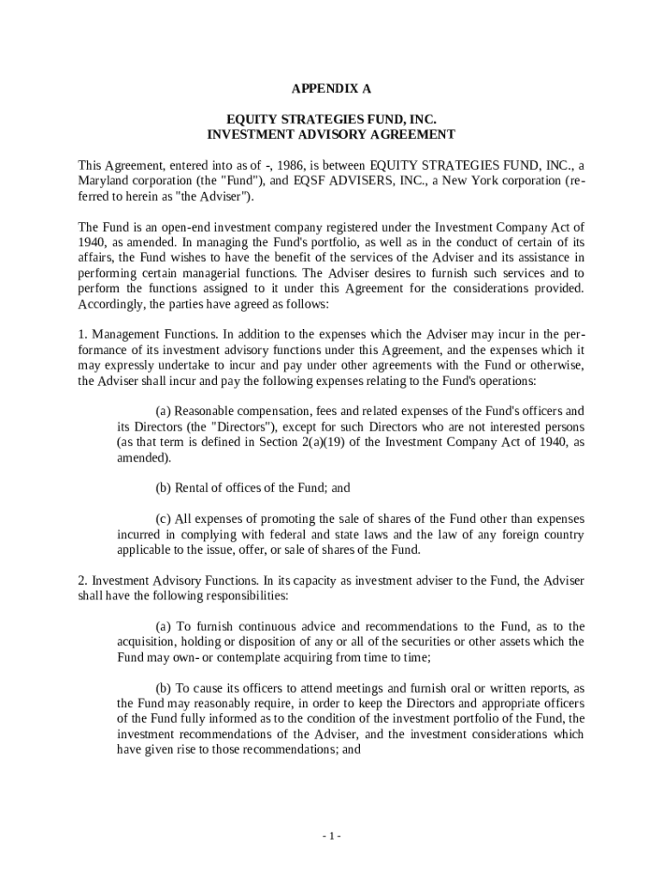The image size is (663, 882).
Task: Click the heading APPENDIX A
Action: pos(331,89)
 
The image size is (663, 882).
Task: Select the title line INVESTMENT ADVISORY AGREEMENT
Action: pos(331,134)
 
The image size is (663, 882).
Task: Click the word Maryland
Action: pos(102,181)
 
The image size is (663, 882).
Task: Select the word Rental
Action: pos(195,488)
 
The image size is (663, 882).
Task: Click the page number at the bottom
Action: pos(331,836)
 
